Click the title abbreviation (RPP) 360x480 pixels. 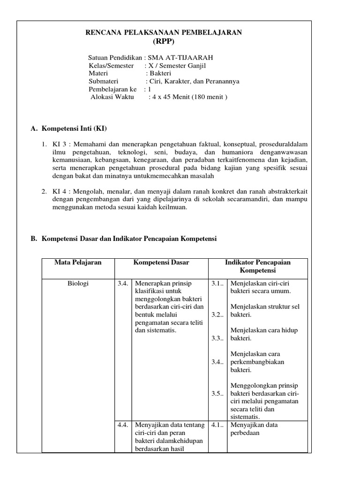click(163, 41)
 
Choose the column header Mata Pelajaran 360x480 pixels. click(78, 262)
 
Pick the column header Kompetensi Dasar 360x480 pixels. click(161, 262)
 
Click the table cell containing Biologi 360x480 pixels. click(78, 283)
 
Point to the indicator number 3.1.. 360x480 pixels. click(217, 283)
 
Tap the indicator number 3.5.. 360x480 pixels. click(217, 393)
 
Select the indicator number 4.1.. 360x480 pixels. click(217, 425)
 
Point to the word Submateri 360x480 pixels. click(104, 81)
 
